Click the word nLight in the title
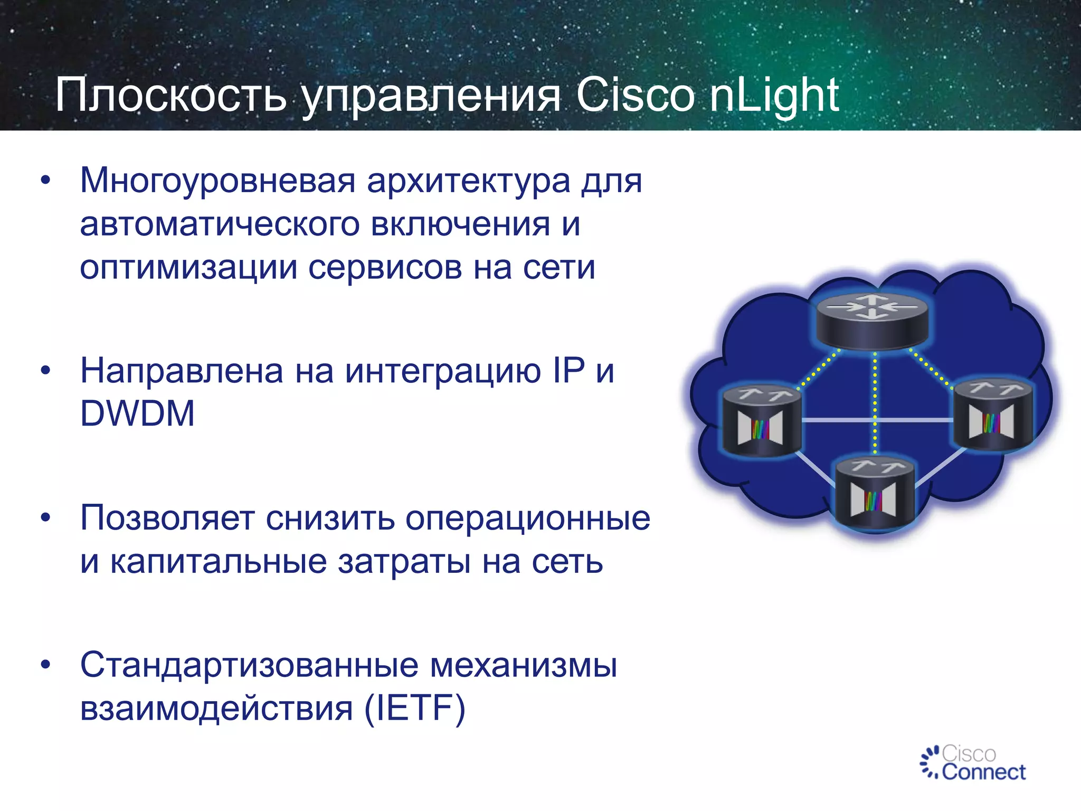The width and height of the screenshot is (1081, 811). pos(774,96)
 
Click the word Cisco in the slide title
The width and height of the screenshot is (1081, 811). pos(636,96)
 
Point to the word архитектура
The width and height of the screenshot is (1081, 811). pos(468,181)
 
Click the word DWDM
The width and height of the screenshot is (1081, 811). pos(137,413)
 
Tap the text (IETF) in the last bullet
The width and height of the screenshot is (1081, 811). pos(415,708)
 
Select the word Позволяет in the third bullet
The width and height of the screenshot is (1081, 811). pos(167,518)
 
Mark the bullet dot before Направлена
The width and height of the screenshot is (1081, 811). pos(46,371)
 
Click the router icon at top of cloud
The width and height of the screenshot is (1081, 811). pos(871,321)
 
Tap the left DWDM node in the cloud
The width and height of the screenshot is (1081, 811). pos(761,420)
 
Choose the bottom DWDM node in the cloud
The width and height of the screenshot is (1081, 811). pos(874,494)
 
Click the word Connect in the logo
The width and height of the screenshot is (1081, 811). pos(983,772)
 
